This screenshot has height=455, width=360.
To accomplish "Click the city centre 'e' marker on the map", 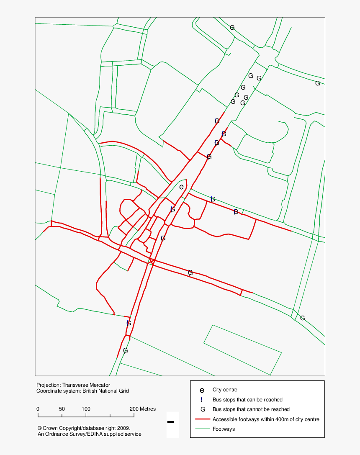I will click(x=181, y=187).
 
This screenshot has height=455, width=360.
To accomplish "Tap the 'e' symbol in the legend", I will click(x=202, y=390).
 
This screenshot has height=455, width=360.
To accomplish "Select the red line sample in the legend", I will click(x=202, y=419).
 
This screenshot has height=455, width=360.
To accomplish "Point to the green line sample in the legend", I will click(x=202, y=429).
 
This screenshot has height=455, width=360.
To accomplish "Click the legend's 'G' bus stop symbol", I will click(x=203, y=409).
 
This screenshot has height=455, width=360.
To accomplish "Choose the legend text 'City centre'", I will click(x=225, y=390).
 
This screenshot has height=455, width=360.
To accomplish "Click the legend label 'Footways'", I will click(x=224, y=429).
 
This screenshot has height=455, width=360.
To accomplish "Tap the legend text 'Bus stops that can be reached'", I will click(x=247, y=400).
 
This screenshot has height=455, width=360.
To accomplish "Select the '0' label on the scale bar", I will click(x=38, y=409).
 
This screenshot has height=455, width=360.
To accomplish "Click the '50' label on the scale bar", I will click(x=62, y=409).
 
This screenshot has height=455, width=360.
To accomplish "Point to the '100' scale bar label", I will click(x=86, y=409).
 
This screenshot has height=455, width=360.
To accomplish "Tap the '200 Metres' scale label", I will click(x=142, y=409).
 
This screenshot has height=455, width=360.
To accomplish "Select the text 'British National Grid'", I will click(x=105, y=391).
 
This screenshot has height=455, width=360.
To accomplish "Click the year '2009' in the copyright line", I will click(x=123, y=428).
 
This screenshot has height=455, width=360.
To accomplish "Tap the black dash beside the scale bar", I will click(x=170, y=422).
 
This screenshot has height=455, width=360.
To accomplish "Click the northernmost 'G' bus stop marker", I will click(x=232, y=28).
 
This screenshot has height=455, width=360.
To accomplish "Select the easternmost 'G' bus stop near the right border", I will click(x=317, y=83).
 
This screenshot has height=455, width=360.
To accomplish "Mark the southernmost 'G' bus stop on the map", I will click(x=125, y=350).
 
